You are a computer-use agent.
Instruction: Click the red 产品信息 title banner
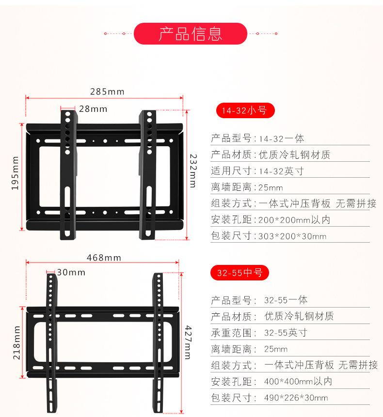click(x=191, y=33)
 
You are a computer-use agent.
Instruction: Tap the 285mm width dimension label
click(x=107, y=92)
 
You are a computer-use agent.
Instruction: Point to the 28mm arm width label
click(x=93, y=109)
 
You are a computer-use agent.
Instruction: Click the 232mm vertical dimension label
click(x=192, y=170)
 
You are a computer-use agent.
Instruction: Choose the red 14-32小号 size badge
click(x=244, y=110)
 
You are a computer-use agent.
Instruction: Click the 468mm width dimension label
click(x=104, y=258)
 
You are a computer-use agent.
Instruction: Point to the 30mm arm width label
click(x=71, y=272)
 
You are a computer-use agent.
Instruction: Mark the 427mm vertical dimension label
click(x=187, y=342)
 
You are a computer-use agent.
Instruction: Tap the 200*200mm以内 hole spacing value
click(x=294, y=220)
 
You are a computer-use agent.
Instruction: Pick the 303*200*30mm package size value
click(x=292, y=236)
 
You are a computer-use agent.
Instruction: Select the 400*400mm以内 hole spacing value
click(x=298, y=382)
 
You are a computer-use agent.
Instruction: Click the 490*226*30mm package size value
click(x=296, y=398)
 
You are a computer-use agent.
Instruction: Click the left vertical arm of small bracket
click(x=68, y=174)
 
